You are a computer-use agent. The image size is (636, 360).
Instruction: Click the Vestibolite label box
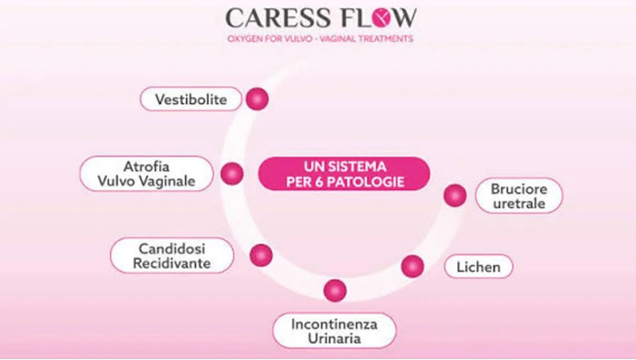(190, 99)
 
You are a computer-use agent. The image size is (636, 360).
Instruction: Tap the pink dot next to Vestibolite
(257, 99)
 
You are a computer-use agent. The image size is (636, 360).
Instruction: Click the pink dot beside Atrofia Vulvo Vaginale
(232, 173)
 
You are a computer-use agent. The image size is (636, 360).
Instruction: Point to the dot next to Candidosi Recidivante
(261, 255)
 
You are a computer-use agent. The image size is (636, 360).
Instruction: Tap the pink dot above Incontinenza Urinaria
(335, 290)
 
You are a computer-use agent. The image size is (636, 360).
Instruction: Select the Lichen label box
(478, 267)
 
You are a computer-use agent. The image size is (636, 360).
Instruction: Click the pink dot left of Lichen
(412, 265)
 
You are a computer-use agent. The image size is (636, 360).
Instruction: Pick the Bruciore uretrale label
(518, 195)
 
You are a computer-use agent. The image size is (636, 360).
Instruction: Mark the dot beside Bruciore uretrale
(454, 195)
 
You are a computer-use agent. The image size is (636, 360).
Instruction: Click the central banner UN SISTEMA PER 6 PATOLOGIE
(345, 174)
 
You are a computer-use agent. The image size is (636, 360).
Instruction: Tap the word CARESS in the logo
(271, 17)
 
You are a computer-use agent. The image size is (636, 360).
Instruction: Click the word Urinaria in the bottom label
(333, 339)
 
